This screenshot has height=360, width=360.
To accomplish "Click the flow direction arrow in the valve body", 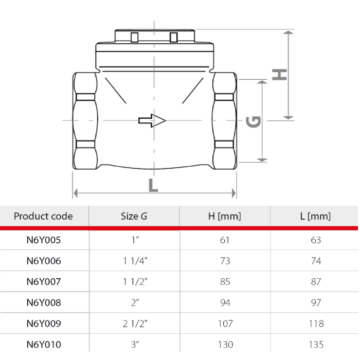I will click(152, 120).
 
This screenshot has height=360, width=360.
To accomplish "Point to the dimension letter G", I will click(254, 121).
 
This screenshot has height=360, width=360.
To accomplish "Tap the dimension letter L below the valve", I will click(153, 185).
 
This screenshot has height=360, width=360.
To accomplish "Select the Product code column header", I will click(43, 216).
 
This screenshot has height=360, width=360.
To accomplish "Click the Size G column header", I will click(134, 216).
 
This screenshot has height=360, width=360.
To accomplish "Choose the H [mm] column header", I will click(225, 216).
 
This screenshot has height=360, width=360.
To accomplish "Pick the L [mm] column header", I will click(315, 216).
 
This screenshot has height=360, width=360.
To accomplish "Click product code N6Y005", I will click(43, 240).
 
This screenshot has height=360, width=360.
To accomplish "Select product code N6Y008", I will click(43, 303).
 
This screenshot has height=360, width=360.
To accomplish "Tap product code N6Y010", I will click(43, 345).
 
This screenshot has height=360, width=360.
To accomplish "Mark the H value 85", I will click(225, 282).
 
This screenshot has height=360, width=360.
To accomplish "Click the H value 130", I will click(225, 345).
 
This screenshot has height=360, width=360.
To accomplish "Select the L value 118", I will click(316, 324).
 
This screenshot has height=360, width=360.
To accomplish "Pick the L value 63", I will click(316, 240).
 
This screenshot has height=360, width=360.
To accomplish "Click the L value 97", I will click(316, 303).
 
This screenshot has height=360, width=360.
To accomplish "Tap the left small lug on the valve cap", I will click(134, 38).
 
